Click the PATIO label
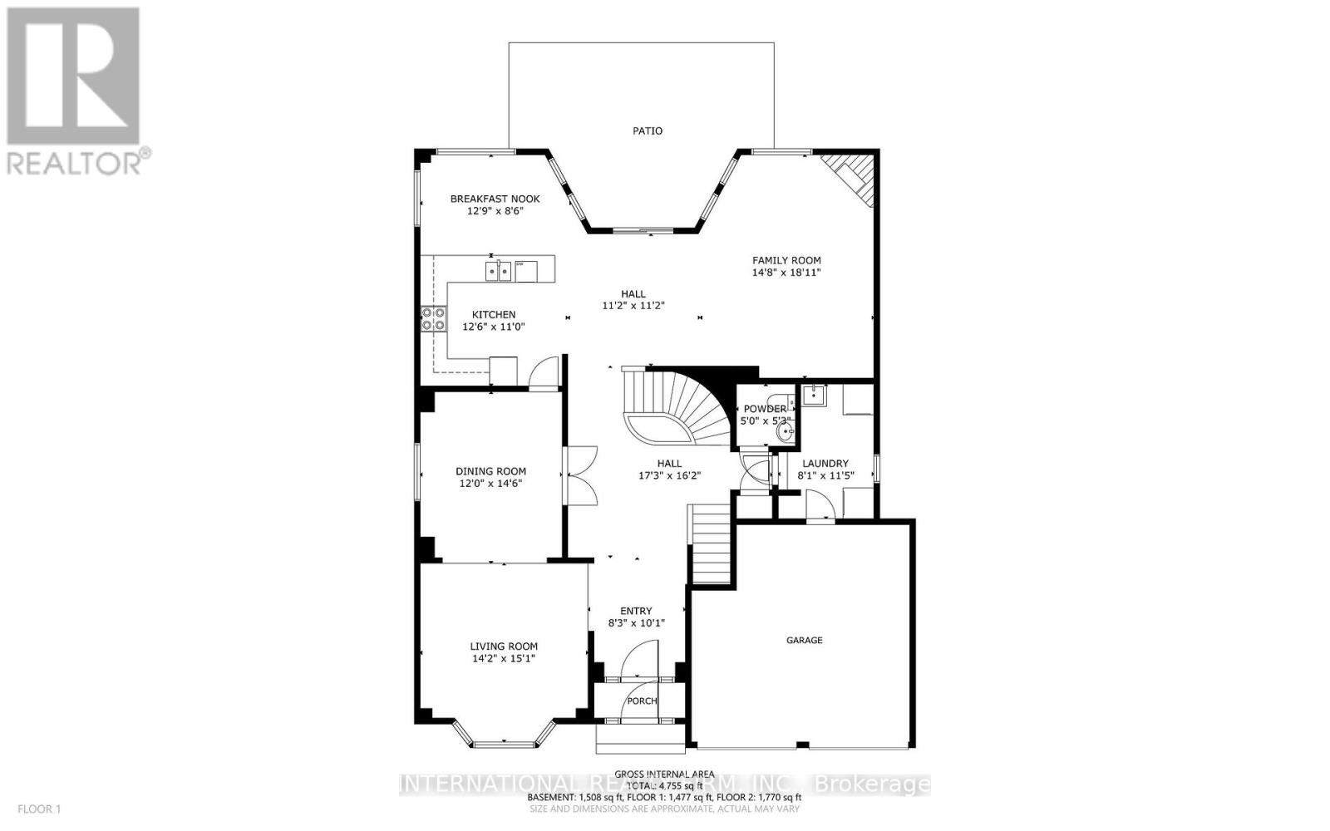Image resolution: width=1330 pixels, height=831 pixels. tap(648, 131)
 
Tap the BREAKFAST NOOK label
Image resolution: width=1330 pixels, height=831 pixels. tap(495, 199)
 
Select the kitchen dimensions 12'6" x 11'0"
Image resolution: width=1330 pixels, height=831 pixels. tap(494, 327)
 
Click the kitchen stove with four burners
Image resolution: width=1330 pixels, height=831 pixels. tap(433, 319)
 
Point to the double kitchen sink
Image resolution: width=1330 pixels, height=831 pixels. tap(498, 270)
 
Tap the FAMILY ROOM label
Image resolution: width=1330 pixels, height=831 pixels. tap(786, 260)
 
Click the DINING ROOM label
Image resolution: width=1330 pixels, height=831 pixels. tap(490, 471)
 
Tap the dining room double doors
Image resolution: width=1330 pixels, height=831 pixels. tap(582, 475)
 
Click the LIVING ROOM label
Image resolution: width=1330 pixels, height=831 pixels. tap(504, 646)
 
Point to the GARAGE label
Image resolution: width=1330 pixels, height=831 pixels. tap(805, 640)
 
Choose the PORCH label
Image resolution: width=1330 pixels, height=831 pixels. tap(642, 701)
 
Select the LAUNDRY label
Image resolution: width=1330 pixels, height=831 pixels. tap(825, 464)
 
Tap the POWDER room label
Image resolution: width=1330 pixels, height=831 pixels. tap(764, 409)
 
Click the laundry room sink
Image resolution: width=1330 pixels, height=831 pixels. tap(812, 395)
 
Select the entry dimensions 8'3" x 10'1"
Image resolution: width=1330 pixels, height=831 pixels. tap(637, 622)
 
